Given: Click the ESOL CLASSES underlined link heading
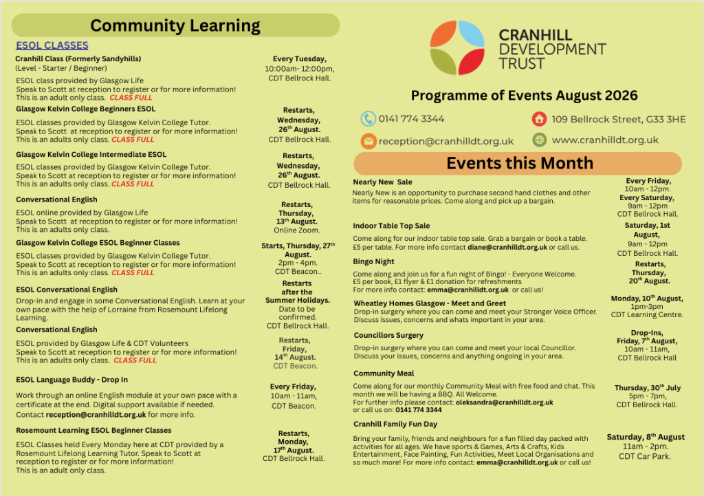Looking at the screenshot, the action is click(x=52, y=45).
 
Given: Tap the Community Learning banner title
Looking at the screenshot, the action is click(x=175, y=25).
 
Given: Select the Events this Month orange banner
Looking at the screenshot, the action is click(x=518, y=163).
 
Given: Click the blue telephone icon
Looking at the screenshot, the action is click(x=368, y=118).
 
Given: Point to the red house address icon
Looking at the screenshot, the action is click(x=539, y=119).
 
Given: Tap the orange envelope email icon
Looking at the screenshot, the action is click(x=368, y=141).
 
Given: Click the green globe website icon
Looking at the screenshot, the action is click(x=539, y=140).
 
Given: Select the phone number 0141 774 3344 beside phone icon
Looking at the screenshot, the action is click(x=411, y=118).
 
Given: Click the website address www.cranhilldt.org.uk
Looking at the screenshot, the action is click(x=605, y=140).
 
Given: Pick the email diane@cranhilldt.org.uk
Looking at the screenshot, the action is click(x=507, y=247).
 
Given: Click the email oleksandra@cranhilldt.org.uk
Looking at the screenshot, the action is click(x=504, y=402).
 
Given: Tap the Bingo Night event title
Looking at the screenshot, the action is click(x=373, y=261).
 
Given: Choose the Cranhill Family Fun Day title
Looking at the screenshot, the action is click(x=395, y=424).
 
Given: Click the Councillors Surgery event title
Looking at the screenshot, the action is click(x=388, y=335).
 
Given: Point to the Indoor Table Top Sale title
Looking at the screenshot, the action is click(x=391, y=226).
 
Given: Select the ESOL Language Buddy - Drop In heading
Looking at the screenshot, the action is click(x=71, y=380).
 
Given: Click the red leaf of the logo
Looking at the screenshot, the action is click(x=472, y=61).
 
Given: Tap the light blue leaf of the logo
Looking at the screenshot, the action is click(x=472, y=34).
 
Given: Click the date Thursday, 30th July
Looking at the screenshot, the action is click(x=648, y=388).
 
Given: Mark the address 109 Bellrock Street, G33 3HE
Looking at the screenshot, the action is click(x=619, y=120).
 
